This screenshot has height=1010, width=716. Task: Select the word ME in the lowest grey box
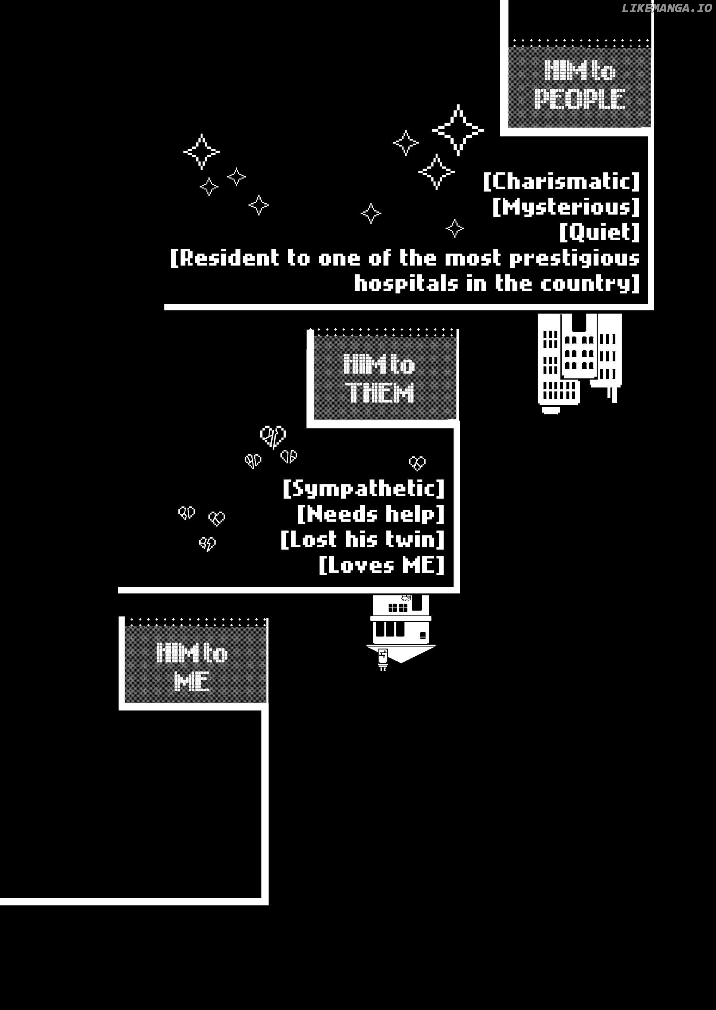click(x=192, y=681)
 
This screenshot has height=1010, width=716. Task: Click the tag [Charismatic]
click(x=561, y=181)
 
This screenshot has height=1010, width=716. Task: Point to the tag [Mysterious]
click(x=566, y=207)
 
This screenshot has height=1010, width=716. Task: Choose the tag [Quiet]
click(x=600, y=232)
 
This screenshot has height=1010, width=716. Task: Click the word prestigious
click(x=574, y=259)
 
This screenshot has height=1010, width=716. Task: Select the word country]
click(x=590, y=284)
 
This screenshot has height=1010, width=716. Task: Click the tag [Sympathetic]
click(x=363, y=489)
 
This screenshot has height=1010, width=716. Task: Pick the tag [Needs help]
click(x=371, y=514)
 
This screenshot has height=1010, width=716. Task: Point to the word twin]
click(x=415, y=539)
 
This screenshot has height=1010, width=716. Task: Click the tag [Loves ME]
click(x=381, y=565)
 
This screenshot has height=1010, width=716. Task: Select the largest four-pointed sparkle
click(x=458, y=130)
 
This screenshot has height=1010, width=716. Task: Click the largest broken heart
click(x=273, y=436)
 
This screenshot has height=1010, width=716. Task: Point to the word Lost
click(x=309, y=539)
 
